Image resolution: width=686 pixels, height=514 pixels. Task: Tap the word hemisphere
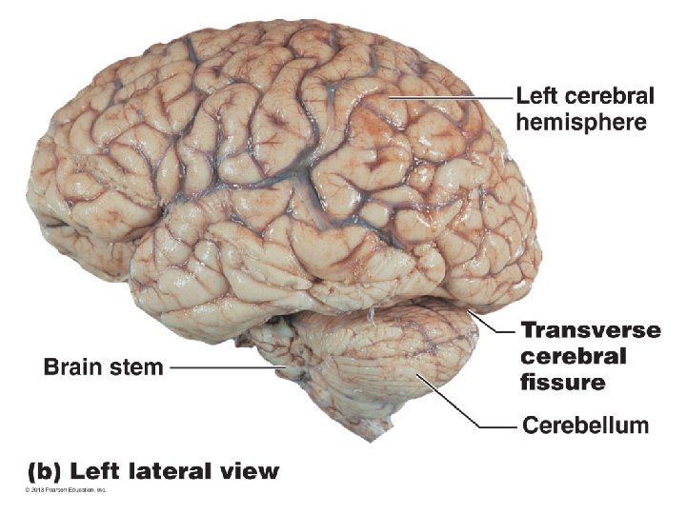pos(581,122)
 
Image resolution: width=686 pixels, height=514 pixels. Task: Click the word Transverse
pos(591,330)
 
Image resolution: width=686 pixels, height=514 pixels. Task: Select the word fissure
pos(563,383)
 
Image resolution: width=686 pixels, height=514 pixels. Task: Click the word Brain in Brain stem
pos(74,366)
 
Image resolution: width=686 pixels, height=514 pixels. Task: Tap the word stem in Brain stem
pos(136,366)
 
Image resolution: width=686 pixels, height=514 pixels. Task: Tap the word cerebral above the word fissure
pos(574,357)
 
